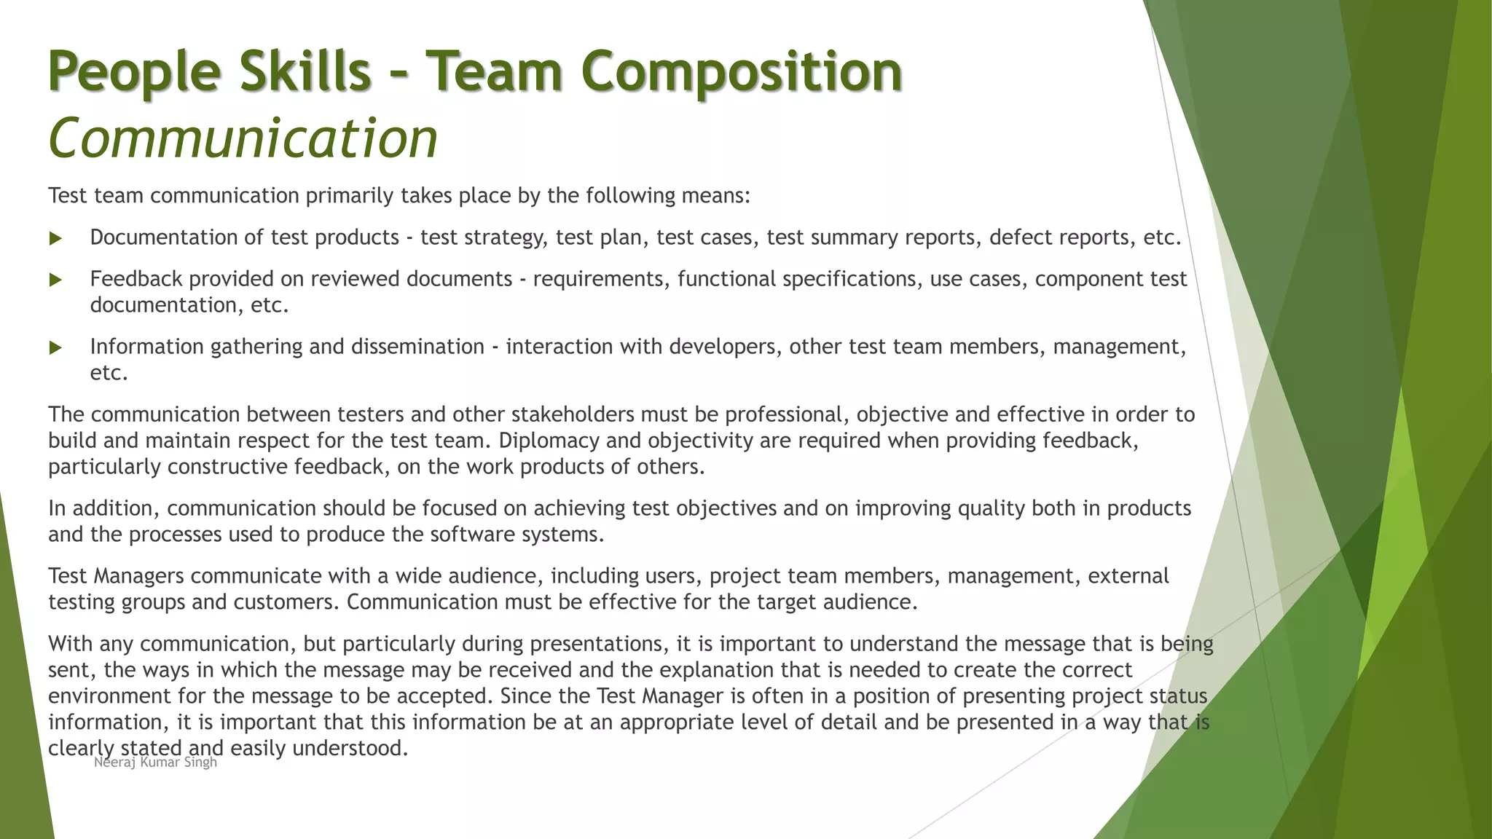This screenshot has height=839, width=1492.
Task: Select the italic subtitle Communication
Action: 243,138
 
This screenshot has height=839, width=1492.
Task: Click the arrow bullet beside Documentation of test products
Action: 55,238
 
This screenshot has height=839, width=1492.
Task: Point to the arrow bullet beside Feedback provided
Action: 55,280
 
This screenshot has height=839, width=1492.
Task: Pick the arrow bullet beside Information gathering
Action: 55,347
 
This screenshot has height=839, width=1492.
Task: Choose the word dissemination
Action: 417,347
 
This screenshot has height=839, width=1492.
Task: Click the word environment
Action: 109,696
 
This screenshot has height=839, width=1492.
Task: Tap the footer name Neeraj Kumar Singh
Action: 155,763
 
